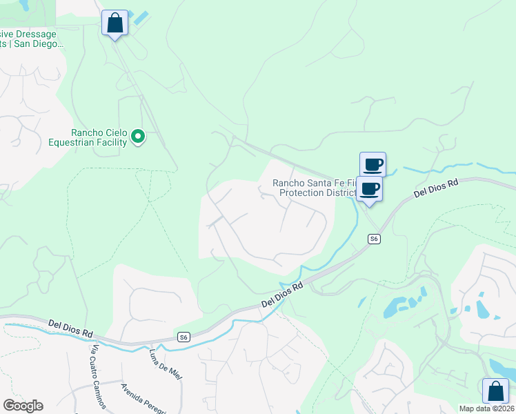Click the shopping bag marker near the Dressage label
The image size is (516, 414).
point(115,23)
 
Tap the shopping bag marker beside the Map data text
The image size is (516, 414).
point(495,391)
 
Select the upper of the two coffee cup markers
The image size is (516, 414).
point(373,165)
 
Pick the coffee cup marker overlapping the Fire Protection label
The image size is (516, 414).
point(369,189)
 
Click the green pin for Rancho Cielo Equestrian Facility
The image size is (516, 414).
point(138,137)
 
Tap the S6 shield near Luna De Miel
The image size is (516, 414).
point(182,337)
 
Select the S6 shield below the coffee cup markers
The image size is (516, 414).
point(373,239)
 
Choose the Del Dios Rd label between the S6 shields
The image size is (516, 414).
point(283,295)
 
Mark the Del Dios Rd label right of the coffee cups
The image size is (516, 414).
point(436,188)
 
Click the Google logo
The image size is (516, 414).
point(23,406)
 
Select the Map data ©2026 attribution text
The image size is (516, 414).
point(486,408)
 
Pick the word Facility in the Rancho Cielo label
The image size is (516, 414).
point(112,143)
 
